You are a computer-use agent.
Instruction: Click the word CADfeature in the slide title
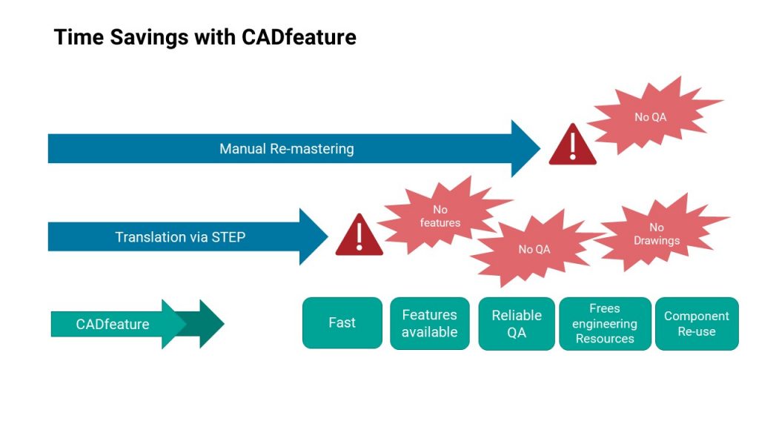pyautogui.click(x=299, y=37)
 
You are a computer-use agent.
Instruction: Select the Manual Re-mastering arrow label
pyautogui.click(x=287, y=148)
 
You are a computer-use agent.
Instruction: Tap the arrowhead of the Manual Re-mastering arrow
pyautogui.click(x=526, y=148)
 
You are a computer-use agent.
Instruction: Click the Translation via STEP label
pyautogui.click(x=180, y=236)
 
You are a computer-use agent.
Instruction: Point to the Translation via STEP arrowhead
pyautogui.click(x=314, y=236)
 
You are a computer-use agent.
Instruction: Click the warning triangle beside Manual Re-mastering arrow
pyautogui.click(x=573, y=145)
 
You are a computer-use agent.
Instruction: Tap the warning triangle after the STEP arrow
pyautogui.click(x=359, y=234)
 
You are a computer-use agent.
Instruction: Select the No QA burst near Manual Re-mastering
pyautogui.click(x=653, y=116)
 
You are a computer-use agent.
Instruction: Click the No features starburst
pyautogui.click(x=442, y=216)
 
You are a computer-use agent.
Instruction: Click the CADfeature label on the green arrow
pyautogui.click(x=113, y=324)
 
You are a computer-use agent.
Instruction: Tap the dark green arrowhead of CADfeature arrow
pyautogui.click(x=209, y=324)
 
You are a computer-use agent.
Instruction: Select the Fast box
pyautogui.click(x=342, y=323)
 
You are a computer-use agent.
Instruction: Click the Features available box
pyautogui.click(x=430, y=323)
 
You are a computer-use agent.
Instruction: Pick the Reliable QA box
pyautogui.click(x=517, y=323)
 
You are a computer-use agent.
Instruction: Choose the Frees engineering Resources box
pyautogui.click(x=605, y=323)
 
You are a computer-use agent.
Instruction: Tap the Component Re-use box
pyautogui.click(x=697, y=323)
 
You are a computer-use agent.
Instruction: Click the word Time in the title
pyautogui.click(x=79, y=37)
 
